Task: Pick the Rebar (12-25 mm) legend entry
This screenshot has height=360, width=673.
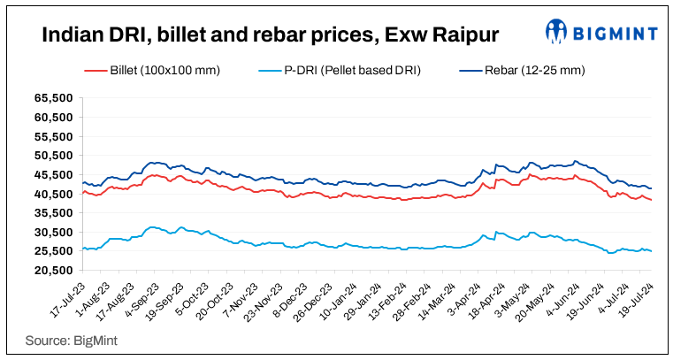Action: point(523,69)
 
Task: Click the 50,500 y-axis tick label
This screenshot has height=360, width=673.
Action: point(52,156)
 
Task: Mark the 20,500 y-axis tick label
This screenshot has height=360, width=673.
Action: point(52,270)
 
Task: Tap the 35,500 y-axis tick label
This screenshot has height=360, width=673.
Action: point(52,213)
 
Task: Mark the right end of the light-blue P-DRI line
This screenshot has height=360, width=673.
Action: point(652,251)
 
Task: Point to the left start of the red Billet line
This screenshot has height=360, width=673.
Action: point(81,193)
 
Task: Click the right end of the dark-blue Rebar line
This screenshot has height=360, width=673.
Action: point(652,188)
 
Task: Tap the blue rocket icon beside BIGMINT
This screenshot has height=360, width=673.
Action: point(556,33)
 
